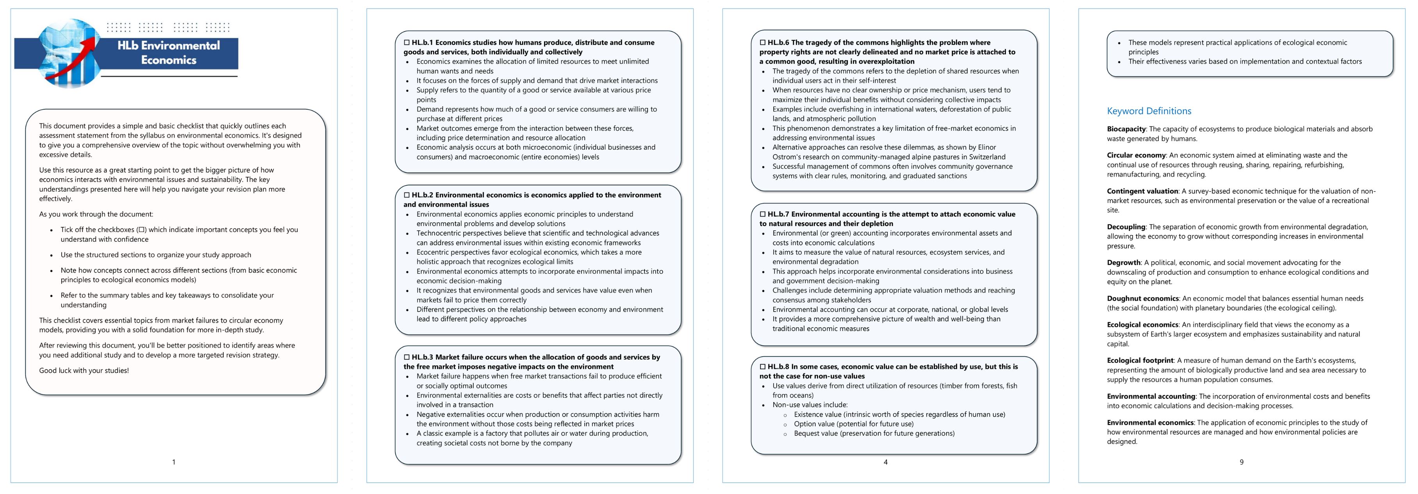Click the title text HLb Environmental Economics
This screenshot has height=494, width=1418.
click(168, 52)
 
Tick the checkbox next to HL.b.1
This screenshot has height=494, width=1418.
click(407, 43)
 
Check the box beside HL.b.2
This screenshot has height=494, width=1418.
click(407, 195)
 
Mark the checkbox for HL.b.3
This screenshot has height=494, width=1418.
click(407, 357)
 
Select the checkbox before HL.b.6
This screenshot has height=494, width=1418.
click(763, 43)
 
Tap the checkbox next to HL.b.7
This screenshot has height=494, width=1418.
click(763, 214)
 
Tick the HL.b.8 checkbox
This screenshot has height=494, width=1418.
click(763, 366)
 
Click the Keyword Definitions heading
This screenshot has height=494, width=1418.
click(1149, 111)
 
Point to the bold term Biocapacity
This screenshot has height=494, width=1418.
click(1126, 129)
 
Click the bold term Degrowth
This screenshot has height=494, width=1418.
click(1124, 263)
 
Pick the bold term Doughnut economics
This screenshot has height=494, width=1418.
click(1143, 298)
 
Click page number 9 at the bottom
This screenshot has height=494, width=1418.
click(1241, 462)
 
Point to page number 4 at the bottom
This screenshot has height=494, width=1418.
click(885, 462)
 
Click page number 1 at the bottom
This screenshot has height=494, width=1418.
click(174, 462)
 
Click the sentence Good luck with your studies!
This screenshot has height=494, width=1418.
click(84, 371)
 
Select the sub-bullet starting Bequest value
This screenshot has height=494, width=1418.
click(874, 433)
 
